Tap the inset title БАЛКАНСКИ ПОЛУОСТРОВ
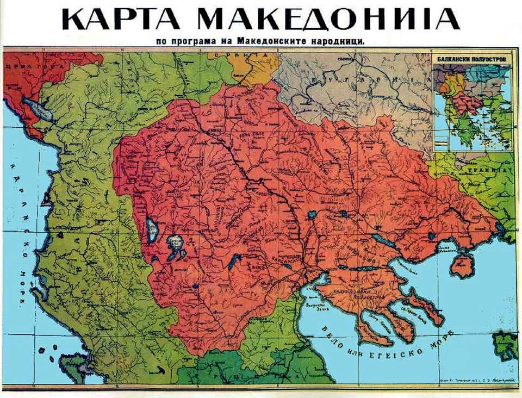(x=472, y=57)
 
